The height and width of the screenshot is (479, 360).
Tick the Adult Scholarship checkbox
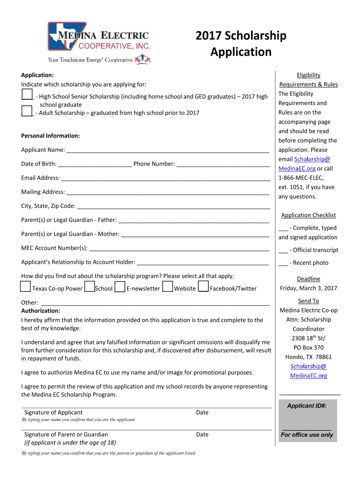click(x=27, y=111)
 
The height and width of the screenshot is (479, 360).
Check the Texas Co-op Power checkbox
click(x=26, y=286)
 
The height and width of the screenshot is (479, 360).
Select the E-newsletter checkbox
click(x=120, y=286)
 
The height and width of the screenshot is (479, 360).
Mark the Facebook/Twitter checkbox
click(x=203, y=286)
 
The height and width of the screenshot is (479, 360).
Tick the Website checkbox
click(x=168, y=286)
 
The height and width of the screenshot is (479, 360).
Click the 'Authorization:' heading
click(x=41, y=311)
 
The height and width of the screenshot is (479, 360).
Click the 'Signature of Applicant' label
click(x=53, y=413)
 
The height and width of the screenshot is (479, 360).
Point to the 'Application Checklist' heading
click(x=309, y=215)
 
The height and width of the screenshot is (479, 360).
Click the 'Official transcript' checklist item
click(x=309, y=250)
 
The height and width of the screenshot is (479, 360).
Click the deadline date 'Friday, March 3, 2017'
click(x=309, y=288)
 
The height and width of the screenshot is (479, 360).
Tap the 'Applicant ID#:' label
click(x=307, y=406)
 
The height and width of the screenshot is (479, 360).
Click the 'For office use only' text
click(x=307, y=435)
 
